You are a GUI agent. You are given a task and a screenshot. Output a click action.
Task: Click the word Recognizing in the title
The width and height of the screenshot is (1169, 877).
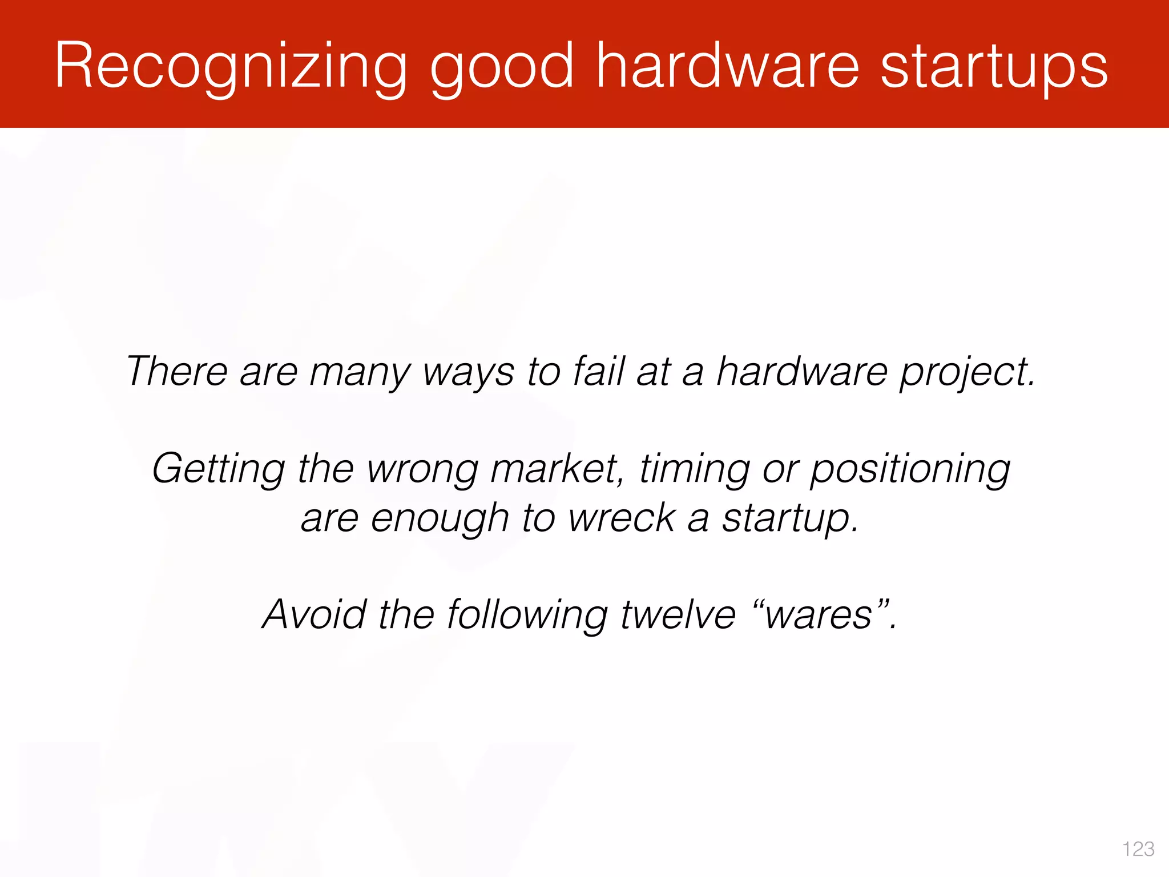230,67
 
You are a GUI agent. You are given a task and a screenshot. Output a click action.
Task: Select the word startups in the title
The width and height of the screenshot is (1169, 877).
994,67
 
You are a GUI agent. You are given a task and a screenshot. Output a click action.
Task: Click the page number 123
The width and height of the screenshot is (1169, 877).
1138,849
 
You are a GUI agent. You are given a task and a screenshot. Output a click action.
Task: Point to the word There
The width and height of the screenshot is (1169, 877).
176,371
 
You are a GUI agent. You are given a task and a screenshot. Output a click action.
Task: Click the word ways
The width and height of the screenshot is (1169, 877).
468,372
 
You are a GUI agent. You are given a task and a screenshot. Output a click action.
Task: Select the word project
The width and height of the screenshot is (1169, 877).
967,372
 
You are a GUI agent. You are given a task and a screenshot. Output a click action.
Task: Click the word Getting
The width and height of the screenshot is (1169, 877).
218,469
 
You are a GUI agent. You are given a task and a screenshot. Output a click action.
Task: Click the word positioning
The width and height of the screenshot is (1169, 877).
910,469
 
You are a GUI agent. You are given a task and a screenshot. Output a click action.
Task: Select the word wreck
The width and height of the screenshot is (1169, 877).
622,518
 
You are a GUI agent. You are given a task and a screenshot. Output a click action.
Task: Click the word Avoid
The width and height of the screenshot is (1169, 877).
313,615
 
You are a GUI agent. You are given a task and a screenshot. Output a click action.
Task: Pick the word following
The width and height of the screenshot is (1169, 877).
527,615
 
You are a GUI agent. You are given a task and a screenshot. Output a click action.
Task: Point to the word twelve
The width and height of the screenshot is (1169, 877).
678,615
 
